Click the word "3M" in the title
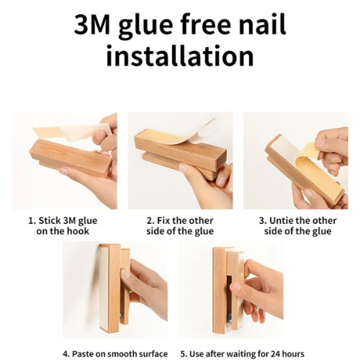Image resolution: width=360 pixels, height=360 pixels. point(92,24)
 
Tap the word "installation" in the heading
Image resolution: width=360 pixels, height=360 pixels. point(180,55)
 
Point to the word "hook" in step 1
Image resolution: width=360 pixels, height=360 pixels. point(78,231)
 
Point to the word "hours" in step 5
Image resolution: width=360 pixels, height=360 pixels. point(293,354)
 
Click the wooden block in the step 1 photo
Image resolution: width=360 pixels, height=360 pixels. point(71,158)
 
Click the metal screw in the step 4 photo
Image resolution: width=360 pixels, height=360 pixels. point(122,315)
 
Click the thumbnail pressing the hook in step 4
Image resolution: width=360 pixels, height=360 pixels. point(125,274)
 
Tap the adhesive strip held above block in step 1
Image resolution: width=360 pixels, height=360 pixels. point(72,132)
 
